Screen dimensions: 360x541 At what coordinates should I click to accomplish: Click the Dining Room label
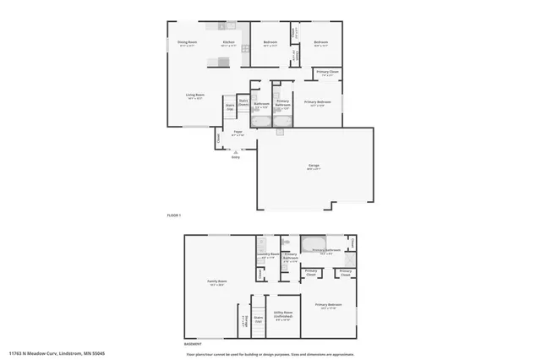coord(187,42)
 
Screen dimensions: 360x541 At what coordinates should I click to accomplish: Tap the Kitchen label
coord(228,42)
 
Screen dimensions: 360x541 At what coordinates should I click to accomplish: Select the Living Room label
coord(196,95)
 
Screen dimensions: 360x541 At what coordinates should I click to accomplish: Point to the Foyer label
coord(238,133)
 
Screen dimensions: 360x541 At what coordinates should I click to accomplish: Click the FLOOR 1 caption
coord(175,215)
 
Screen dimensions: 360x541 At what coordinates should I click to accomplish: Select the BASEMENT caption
coord(194,343)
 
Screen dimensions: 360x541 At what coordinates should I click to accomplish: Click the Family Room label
coord(217,281)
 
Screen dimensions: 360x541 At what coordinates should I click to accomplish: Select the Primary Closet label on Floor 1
coord(328,73)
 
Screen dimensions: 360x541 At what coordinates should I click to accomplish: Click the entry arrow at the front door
coord(236,149)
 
